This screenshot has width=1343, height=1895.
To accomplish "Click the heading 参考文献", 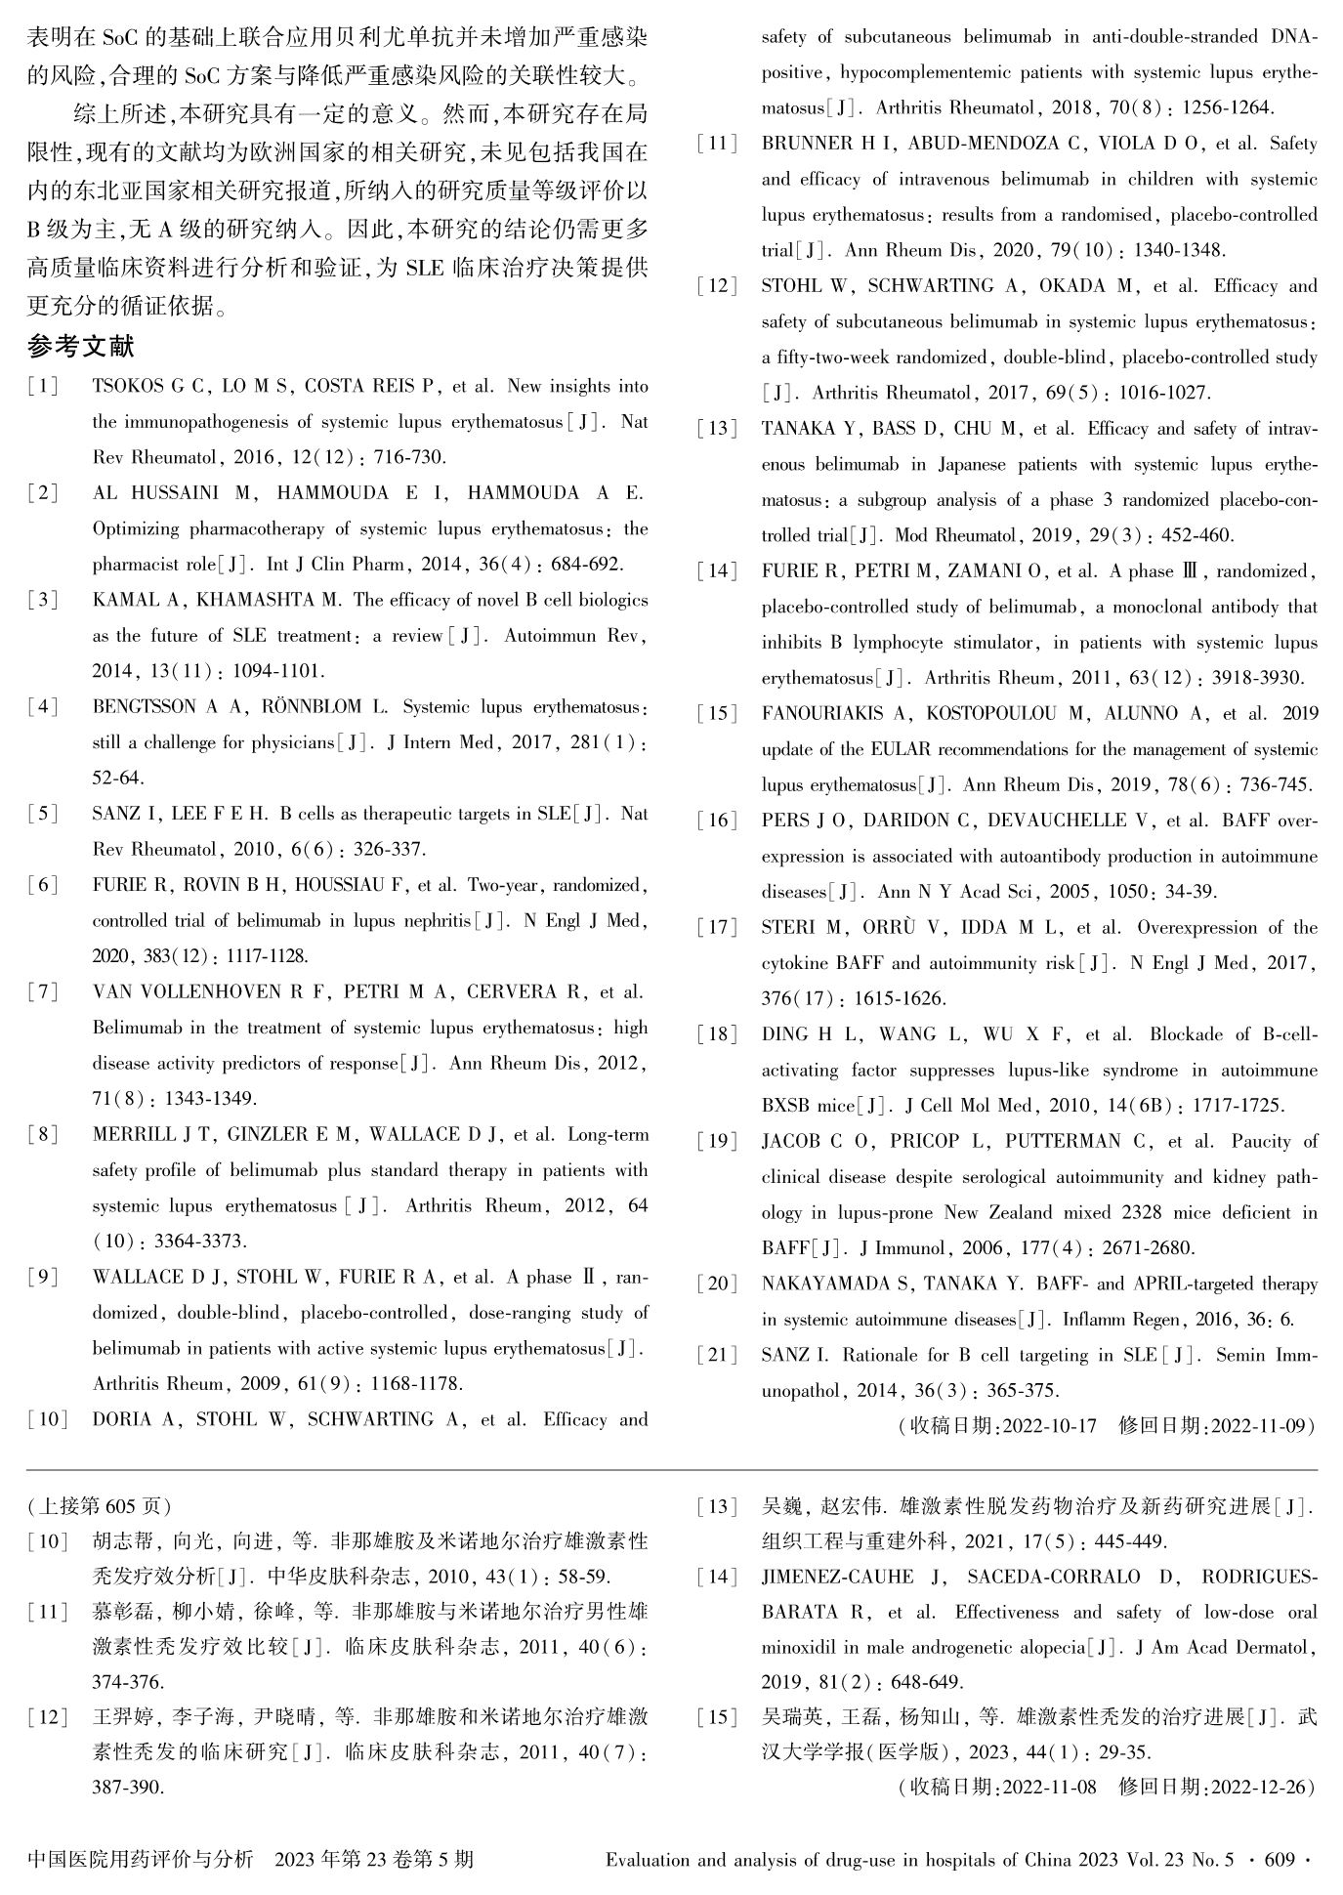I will tap(81, 347).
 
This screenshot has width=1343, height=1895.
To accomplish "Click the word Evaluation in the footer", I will tap(649, 1859).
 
